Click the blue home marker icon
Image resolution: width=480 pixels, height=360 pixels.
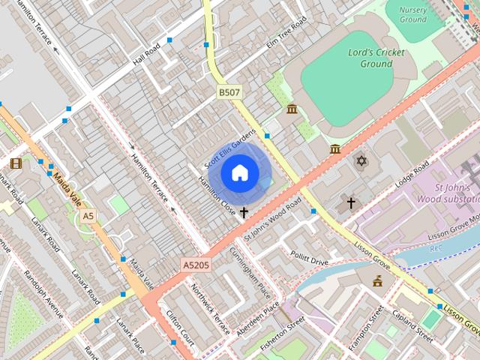coord(239,173)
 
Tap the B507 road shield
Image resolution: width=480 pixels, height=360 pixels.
coord(229,92)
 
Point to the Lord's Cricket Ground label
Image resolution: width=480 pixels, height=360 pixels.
coord(376,58)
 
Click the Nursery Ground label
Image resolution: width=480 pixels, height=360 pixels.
coord(413,14)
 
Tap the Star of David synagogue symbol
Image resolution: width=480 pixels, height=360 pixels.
coord(361,161)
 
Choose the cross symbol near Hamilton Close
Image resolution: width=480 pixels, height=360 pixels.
coord(244,213)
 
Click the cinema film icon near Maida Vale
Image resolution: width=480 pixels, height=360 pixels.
coord(16,163)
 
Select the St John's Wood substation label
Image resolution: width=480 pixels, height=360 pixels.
coord(455,193)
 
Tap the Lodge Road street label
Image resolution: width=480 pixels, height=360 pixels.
coord(412,173)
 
